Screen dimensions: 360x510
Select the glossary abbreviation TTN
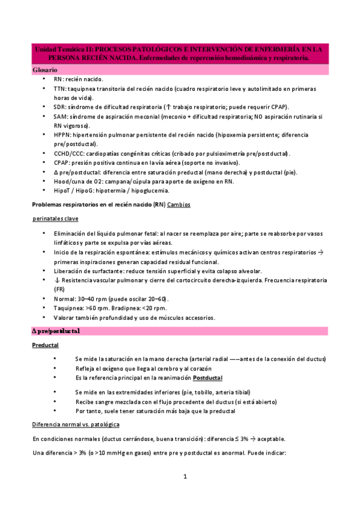pos(59,88)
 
